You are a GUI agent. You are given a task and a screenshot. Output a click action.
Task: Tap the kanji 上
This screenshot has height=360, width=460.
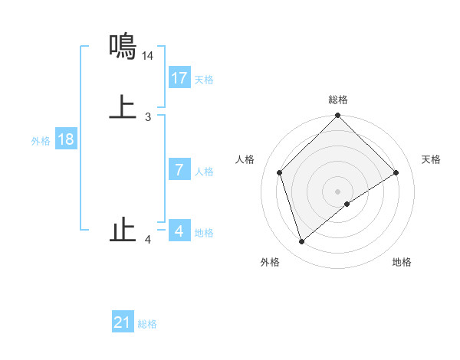[x=123, y=107]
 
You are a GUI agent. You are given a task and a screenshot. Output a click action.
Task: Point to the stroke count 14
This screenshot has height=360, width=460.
[x=148, y=56]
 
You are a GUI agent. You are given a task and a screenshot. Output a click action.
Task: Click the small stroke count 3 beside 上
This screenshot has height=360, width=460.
[x=148, y=116]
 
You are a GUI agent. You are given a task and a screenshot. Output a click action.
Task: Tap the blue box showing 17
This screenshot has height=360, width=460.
[x=179, y=78]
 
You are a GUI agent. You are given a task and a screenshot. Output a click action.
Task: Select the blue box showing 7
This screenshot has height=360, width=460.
[x=179, y=170]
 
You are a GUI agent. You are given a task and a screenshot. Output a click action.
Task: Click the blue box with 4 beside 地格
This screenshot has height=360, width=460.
[x=179, y=231]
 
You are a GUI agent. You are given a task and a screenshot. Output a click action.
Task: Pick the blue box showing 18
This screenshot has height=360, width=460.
[x=66, y=139]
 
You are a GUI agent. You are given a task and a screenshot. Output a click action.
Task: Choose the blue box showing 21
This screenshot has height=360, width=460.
[x=123, y=322]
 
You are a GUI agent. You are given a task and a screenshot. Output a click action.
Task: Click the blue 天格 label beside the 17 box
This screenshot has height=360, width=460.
[x=204, y=80]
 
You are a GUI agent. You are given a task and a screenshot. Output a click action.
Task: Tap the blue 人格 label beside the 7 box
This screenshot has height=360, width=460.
[x=204, y=172]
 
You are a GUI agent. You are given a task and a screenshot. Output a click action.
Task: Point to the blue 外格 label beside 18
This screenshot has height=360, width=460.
[x=41, y=141]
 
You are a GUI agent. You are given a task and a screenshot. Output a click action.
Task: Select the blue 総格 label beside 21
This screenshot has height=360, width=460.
[x=147, y=324]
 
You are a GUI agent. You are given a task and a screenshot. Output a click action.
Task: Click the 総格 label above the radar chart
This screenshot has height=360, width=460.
[x=338, y=100]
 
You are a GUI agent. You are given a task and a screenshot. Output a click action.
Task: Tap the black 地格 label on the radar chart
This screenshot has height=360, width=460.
[x=402, y=263]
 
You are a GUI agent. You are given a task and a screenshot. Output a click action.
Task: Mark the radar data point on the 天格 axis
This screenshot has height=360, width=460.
[x=396, y=173]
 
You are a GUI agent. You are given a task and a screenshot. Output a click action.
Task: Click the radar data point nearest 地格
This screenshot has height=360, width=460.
[x=347, y=204]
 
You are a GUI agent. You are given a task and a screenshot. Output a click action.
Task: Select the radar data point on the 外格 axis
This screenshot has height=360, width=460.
[x=301, y=242]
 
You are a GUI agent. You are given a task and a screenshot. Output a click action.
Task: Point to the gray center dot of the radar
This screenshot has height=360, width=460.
[x=338, y=191]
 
